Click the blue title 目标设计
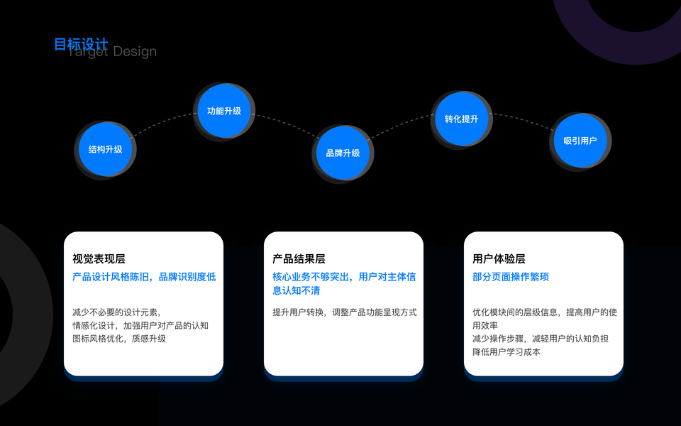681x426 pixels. point(81,45)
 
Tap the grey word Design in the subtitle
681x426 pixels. point(135,52)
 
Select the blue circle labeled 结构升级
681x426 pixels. point(105,149)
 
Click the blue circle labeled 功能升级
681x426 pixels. point(224,111)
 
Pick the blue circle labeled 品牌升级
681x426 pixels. point(343,153)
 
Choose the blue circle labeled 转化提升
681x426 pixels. point(461,119)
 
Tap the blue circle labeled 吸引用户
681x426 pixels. point(580,141)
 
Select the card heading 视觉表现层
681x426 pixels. point(99,259)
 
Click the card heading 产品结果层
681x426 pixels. point(299,259)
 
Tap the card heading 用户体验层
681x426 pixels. point(499,259)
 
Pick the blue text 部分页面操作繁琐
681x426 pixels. point(511,277)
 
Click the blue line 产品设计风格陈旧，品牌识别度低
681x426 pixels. point(144,277)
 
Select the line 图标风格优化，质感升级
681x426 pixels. point(118,339)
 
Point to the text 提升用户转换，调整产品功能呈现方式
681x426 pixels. point(344,312)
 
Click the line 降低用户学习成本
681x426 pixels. point(506,351)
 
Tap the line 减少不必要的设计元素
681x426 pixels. point(117,312)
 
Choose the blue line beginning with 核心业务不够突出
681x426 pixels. point(344,277)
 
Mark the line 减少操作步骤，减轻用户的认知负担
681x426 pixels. point(540,339)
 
